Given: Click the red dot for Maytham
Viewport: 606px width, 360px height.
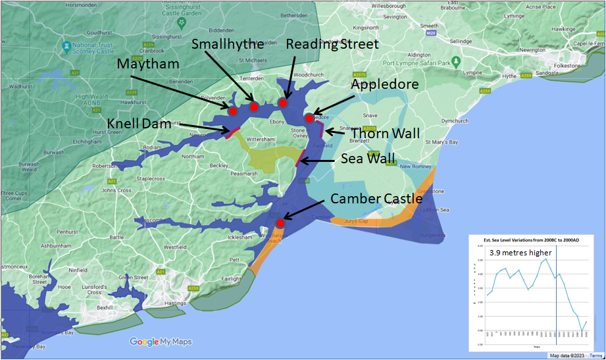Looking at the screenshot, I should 232,111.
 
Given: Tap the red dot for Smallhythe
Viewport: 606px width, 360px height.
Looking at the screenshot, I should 253,107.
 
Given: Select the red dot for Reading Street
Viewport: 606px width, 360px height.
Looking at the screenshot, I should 283,102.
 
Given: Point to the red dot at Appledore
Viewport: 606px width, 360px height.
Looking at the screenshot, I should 309,118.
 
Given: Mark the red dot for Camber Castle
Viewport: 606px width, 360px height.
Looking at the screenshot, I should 280,223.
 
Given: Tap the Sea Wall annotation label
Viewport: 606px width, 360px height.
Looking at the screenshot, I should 367,158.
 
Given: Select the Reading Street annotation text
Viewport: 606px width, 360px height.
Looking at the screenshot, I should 333,45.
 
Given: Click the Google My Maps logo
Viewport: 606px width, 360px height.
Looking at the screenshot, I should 161,342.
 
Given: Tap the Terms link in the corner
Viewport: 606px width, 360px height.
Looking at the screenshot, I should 595,355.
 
